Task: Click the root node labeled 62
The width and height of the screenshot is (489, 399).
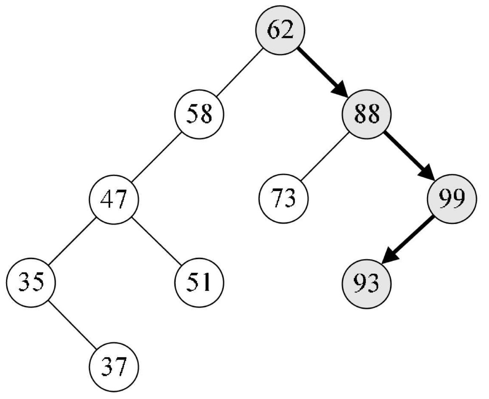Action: click(x=281, y=31)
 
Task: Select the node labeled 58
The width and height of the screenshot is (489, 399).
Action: click(x=199, y=114)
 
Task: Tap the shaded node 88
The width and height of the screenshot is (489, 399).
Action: click(x=367, y=114)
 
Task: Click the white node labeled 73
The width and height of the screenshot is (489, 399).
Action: click(x=283, y=199)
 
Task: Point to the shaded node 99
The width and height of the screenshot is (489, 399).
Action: click(x=451, y=199)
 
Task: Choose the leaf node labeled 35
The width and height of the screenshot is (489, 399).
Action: click(x=31, y=283)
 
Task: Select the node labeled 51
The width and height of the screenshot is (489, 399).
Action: click(x=199, y=283)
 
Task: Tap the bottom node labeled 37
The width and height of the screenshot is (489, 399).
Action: click(x=114, y=367)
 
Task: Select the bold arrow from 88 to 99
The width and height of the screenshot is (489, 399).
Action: click(x=407, y=155)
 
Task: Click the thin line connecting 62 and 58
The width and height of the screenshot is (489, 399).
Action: click(x=240, y=73)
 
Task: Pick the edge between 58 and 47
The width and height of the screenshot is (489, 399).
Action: click(x=156, y=157)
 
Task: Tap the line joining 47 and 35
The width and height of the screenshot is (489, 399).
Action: click(x=72, y=241)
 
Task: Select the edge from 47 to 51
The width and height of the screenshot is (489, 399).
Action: click(x=156, y=241)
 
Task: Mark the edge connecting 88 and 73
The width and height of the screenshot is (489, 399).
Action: click(x=325, y=157)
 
